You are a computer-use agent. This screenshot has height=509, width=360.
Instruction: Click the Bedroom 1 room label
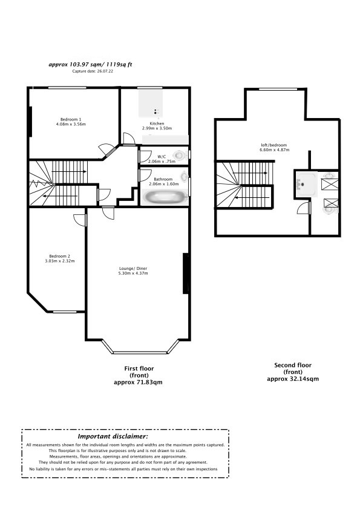click(71, 119)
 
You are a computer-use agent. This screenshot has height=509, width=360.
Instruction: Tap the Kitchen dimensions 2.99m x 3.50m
click(157, 128)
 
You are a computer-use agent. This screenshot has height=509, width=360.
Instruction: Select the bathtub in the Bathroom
click(165, 197)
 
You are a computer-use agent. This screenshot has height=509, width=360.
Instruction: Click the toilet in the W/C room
click(179, 156)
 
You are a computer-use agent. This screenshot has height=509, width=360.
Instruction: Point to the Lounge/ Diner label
click(133, 269)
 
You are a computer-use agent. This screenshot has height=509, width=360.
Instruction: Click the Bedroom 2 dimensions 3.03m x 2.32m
click(60, 261)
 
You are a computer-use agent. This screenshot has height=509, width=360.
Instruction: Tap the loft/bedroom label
click(274, 145)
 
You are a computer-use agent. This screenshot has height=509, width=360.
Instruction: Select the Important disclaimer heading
click(113, 436)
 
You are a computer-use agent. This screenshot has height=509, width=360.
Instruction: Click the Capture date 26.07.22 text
click(93, 71)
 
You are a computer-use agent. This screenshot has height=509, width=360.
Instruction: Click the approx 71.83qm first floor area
click(139, 383)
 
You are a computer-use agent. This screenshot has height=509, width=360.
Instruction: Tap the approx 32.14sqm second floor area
click(293, 379)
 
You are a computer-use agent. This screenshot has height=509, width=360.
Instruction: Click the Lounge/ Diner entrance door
click(108, 214)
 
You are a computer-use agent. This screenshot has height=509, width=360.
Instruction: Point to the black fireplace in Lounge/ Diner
click(186, 274)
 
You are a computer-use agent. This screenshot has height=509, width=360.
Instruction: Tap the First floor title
click(139, 369)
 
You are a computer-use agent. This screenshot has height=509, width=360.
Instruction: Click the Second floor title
click(293, 365)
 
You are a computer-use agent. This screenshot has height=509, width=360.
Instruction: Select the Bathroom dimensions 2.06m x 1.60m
click(164, 184)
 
